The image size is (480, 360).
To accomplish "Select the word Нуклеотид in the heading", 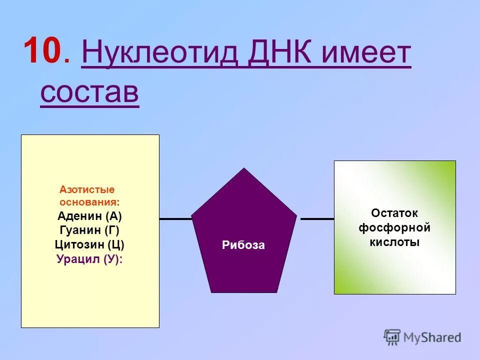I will (x=160, y=53).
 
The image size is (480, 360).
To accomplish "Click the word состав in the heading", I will (x=89, y=91).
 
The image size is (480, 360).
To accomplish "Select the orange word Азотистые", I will (x=87, y=190).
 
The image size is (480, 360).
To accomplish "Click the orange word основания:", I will (x=89, y=202).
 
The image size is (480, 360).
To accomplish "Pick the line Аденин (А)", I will (x=89, y=216).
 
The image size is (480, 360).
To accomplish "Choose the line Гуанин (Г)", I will (x=89, y=230).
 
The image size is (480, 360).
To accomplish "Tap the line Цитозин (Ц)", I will (x=89, y=245).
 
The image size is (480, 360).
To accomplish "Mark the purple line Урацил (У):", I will (x=89, y=259).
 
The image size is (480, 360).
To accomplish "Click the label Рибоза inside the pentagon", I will (x=243, y=245).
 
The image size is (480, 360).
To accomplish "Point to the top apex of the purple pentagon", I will (x=243, y=169).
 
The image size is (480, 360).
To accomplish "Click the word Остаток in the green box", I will (x=394, y=213).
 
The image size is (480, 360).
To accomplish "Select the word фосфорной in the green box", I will (x=394, y=228).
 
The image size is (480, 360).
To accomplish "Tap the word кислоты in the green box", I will (x=394, y=242).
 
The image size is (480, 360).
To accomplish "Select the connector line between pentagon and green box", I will (x=317, y=219).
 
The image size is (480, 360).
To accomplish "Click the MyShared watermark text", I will (x=432, y=337).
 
